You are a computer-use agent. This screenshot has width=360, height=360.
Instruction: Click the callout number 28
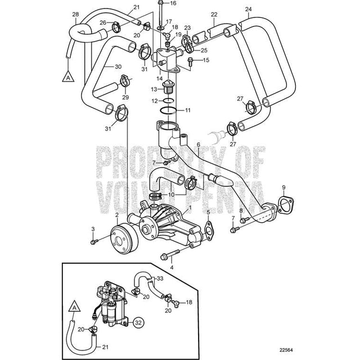click(76, 13)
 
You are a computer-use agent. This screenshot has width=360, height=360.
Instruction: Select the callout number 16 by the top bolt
click(173, 4)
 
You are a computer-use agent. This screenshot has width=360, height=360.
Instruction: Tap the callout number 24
click(249, 10)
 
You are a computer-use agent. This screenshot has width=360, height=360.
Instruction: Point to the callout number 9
click(283, 187)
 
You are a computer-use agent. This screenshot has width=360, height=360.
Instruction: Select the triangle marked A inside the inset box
click(74, 307)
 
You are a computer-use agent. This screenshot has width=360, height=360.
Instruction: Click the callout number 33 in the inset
click(160, 277)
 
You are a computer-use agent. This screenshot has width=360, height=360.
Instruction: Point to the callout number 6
click(198, 145)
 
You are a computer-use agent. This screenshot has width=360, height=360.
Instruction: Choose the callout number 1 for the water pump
click(190, 207)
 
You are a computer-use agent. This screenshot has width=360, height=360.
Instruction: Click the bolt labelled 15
click(191, 60)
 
